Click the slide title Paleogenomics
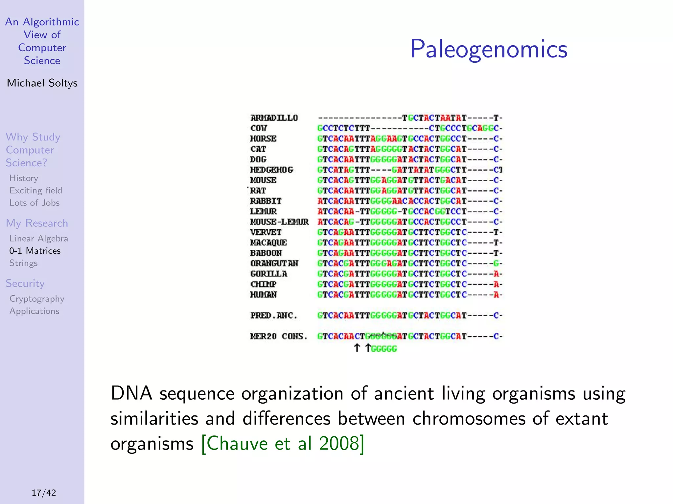(x=489, y=49)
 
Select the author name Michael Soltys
(x=42, y=83)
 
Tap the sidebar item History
(x=24, y=178)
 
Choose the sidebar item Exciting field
(x=35, y=191)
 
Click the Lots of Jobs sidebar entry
(x=35, y=203)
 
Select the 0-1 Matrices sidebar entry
(x=35, y=251)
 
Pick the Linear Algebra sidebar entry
(x=38, y=239)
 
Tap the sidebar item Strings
(x=23, y=263)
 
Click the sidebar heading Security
(x=25, y=283)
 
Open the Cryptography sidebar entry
(x=37, y=299)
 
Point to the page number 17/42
(x=44, y=493)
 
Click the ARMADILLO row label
(x=274, y=118)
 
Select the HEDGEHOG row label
(x=271, y=170)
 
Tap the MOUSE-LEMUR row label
(x=279, y=222)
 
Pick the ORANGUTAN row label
(x=274, y=263)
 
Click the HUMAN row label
(x=264, y=295)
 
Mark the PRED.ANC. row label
(x=274, y=315)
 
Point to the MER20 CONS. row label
(x=279, y=336)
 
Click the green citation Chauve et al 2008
(x=283, y=444)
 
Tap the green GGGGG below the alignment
(x=384, y=348)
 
